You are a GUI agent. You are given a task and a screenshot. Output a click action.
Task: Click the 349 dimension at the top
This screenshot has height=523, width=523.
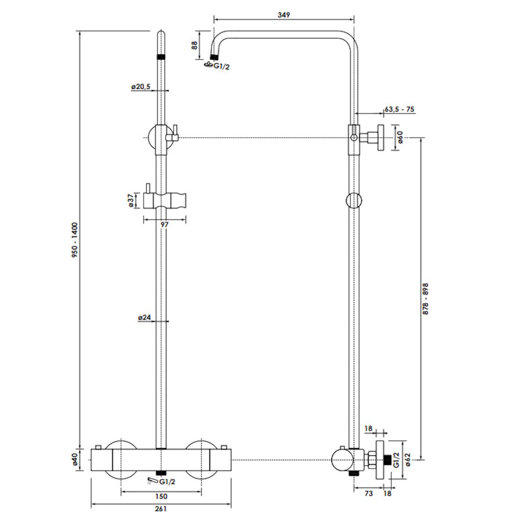284,14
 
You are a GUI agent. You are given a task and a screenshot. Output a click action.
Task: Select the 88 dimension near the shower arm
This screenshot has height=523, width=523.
195,46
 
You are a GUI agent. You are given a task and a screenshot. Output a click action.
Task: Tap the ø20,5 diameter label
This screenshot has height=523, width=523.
141,87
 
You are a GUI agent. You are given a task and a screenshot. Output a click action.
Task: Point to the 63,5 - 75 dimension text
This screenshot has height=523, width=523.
399,109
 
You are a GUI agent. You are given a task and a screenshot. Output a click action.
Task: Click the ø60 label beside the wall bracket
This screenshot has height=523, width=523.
401,138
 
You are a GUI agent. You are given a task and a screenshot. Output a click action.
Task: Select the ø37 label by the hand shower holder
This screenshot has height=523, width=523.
131,200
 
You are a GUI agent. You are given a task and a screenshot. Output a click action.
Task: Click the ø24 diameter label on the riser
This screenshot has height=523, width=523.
145,317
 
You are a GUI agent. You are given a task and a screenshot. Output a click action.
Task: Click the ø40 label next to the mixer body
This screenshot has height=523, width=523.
74,461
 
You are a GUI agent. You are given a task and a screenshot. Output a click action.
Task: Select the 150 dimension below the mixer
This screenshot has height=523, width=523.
162,496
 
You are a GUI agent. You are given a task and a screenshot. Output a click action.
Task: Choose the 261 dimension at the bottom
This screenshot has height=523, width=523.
161,510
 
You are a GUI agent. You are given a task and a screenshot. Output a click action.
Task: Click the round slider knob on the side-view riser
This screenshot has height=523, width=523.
353,200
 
